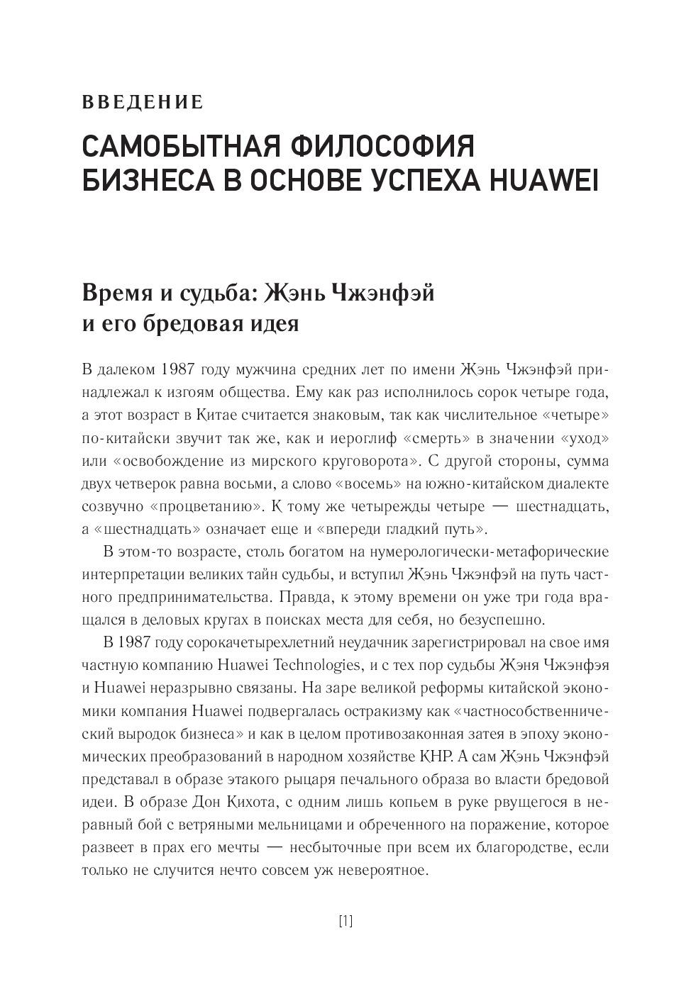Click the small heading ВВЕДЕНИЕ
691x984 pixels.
click(x=143, y=102)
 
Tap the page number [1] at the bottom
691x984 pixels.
click(x=345, y=922)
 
